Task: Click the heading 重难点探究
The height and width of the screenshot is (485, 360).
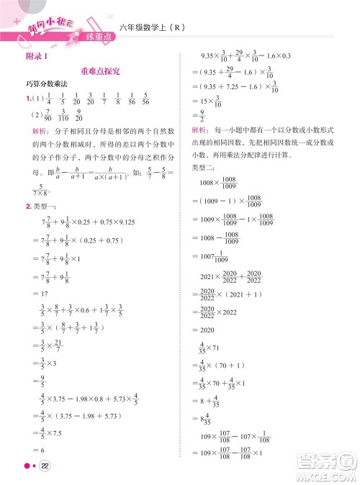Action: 100,72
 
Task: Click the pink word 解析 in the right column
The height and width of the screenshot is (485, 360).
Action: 201,130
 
